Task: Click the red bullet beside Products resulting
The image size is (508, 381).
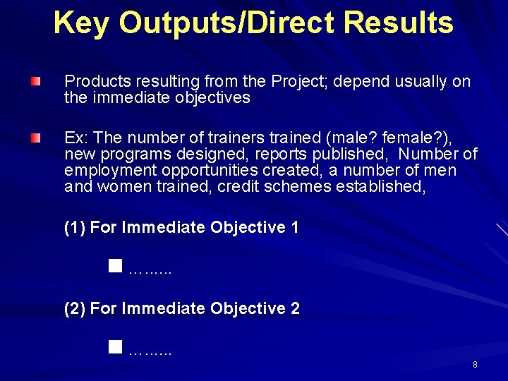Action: tap(35, 82)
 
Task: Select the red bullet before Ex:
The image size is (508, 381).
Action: tap(35, 138)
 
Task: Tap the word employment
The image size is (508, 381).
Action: tap(111, 171)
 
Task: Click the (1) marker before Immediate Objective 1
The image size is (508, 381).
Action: tap(75, 227)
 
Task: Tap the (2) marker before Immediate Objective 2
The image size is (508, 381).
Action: tap(75, 308)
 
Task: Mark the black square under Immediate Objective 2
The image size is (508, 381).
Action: tap(116, 346)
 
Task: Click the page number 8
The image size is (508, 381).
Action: tap(475, 365)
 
